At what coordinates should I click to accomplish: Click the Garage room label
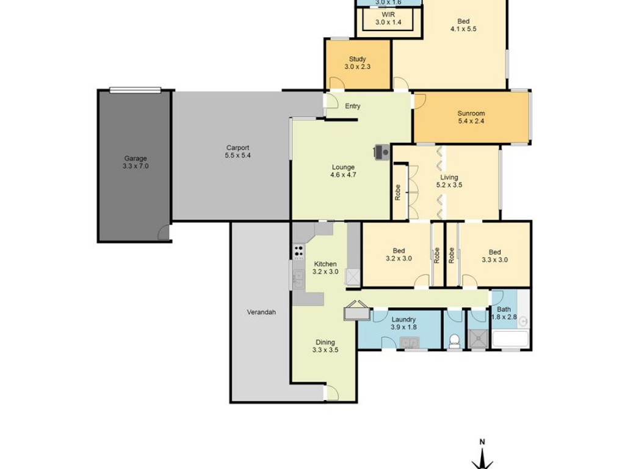pyautogui.click(x=135, y=158)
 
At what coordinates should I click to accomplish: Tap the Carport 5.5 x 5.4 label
pyautogui.click(x=237, y=151)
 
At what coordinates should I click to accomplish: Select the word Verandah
pyautogui.click(x=261, y=312)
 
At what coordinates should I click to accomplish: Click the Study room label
pyautogui.click(x=357, y=59)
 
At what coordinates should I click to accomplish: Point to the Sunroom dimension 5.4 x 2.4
pyautogui.click(x=471, y=121)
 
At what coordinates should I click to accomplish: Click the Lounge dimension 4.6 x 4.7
pyautogui.click(x=343, y=175)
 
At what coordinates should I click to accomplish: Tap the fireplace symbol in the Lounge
pyautogui.click(x=381, y=152)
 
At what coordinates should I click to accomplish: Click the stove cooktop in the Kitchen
pyautogui.click(x=298, y=252)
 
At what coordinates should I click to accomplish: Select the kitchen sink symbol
pyautogui.click(x=298, y=278)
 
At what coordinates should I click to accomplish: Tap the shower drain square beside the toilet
pyautogui.click(x=477, y=340)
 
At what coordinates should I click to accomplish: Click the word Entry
pyautogui.click(x=353, y=106)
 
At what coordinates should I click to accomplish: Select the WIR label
pyautogui.click(x=388, y=15)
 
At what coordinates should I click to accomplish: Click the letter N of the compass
pyautogui.click(x=482, y=442)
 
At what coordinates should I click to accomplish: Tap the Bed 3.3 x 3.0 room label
pyautogui.click(x=494, y=256)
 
